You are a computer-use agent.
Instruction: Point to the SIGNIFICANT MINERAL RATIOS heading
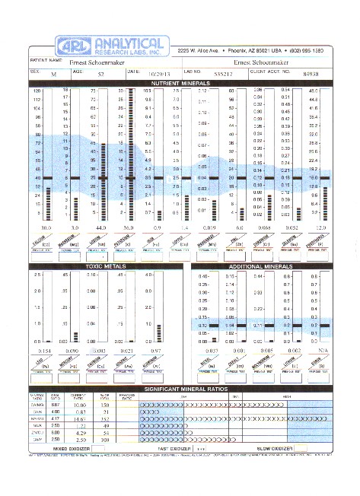180,389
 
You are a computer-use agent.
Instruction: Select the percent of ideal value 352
105,418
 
